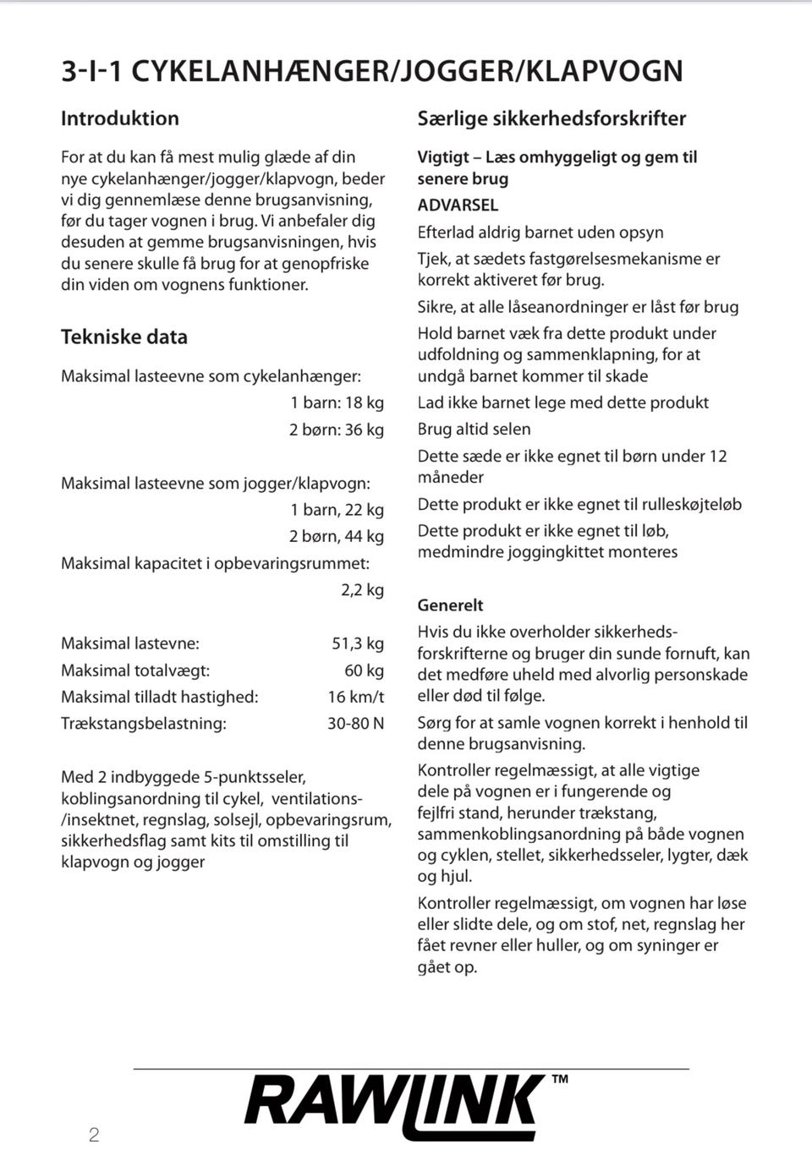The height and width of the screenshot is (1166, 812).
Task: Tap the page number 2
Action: tap(94, 1135)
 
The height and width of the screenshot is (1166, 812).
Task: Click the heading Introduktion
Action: tap(120, 118)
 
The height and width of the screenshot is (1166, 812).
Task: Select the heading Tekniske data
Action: tap(124, 337)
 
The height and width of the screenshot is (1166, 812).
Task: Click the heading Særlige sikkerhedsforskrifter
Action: tap(551, 118)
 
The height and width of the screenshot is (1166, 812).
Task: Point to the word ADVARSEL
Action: tap(458, 205)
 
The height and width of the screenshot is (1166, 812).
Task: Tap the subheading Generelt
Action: tap(450, 605)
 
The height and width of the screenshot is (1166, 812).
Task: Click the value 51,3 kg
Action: tap(358, 643)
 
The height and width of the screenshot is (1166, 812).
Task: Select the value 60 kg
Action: tap(365, 671)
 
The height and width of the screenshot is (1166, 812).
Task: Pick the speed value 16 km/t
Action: tap(356, 697)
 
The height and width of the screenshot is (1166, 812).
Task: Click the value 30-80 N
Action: tap(356, 724)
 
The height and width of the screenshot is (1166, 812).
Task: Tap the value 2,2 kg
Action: tap(363, 589)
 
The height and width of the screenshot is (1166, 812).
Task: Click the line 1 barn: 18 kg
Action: tap(337, 402)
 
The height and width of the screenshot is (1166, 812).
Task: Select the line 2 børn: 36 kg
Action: tap(337, 430)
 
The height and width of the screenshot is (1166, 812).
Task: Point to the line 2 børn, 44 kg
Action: tap(337, 536)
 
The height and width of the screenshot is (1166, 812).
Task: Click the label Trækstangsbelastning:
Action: tap(144, 724)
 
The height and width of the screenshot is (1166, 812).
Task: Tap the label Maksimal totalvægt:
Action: tap(135, 671)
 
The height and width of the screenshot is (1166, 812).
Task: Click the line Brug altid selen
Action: tap(474, 430)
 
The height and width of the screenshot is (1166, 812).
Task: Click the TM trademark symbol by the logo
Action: tap(560, 1079)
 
